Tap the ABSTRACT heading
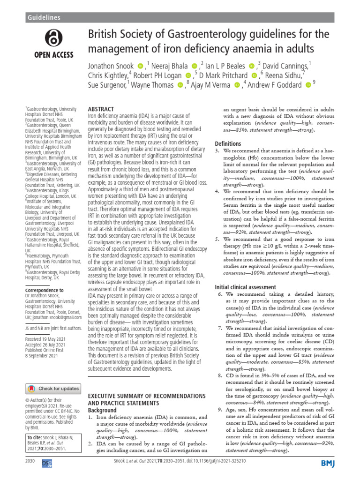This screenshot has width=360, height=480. click(101, 109)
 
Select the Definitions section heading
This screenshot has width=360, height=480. click(228, 143)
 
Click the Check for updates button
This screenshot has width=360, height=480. click(53, 389)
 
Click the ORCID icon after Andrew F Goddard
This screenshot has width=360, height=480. click(308, 85)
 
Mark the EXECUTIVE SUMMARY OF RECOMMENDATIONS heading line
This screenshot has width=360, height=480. click(147, 396)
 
